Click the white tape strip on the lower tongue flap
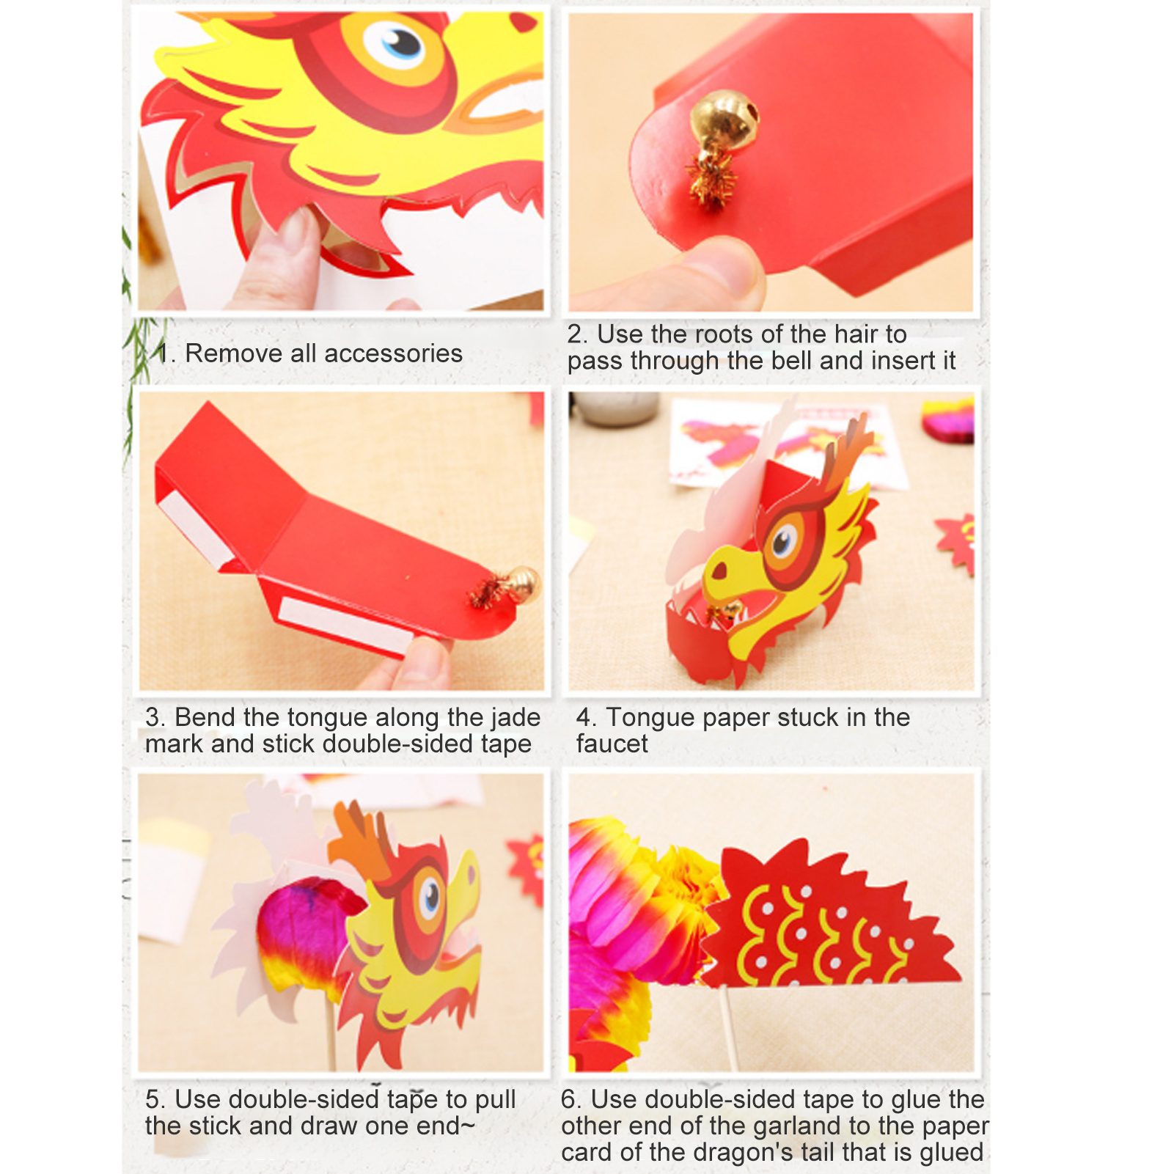pos(345,625)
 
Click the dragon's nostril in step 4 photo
pos(720,570)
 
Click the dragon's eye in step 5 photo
pos(430,896)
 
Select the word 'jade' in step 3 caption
pos(511,717)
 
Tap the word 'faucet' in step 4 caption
pos(612,744)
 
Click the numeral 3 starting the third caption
pos(153,717)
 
